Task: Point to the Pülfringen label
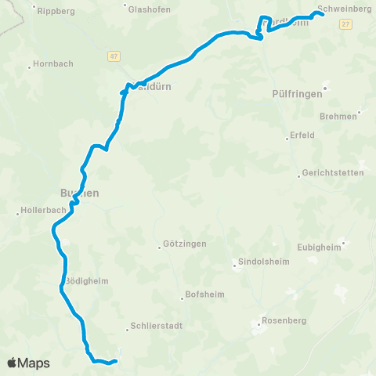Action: pyautogui.click(x=298, y=92)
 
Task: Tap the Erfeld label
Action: pyautogui.click(x=302, y=135)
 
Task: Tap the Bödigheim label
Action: pyautogui.click(x=86, y=281)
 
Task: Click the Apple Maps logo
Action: pyautogui.click(x=27, y=363)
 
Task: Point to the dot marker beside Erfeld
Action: pyautogui.click(x=286, y=139)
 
